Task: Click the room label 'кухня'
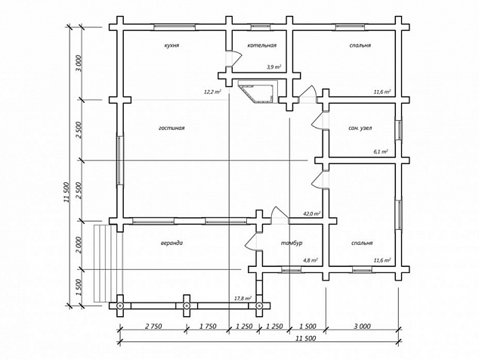[x=172, y=45]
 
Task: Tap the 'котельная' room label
[x=262, y=45]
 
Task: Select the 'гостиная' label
[x=172, y=128]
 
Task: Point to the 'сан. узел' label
[x=360, y=128]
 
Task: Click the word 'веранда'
[x=172, y=244]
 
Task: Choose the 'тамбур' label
[x=292, y=244]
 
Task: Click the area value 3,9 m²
[x=273, y=67]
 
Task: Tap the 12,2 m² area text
[x=213, y=92]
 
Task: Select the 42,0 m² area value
[x=311, y=213]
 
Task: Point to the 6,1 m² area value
[x=381, y=151]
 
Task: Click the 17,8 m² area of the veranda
[x=243, y=298]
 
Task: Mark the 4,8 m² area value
[x=310, y=261]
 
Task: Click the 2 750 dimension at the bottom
[x=153, y=327]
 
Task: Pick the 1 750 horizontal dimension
[x=208, y=327]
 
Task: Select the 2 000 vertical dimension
[x=79, y=245]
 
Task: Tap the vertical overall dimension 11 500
[x=67, y=192]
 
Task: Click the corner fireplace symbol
[x=258, y=92]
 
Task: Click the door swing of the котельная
[x=235, y=58]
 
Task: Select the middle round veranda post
[x=186, y=306]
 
